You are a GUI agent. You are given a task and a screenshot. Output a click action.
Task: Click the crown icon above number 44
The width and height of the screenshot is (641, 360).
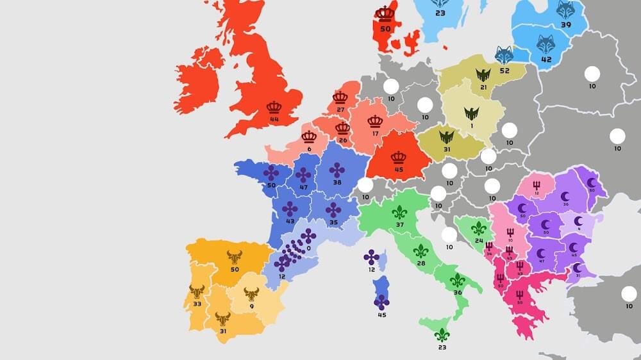(x=274, y=107)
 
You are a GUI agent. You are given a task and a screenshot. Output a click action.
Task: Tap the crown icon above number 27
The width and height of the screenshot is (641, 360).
(x=340, y=98)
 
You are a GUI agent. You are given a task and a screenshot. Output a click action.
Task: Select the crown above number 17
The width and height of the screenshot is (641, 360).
(x=375, y=121)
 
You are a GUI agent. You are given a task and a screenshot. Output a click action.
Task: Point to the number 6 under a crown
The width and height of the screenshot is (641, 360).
(x=309, y=149)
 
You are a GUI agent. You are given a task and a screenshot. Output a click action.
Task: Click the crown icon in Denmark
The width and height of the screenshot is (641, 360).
(x=385, y=13)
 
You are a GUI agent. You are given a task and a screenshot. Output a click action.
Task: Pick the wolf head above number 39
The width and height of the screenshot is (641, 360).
(x=565, y=10)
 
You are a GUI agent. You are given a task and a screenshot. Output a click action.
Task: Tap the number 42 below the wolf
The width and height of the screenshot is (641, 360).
(x=546, y=60)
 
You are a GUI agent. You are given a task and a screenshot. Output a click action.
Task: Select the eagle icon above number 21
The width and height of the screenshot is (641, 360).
(x=483, y=75)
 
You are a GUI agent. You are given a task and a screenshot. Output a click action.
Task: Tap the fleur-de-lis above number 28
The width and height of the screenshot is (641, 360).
(x=420, y=250)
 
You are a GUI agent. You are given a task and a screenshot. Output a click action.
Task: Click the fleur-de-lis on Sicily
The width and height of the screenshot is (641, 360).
(x=442, y=334)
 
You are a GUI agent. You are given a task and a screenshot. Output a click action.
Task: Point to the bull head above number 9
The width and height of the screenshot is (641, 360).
(x=251, y=294)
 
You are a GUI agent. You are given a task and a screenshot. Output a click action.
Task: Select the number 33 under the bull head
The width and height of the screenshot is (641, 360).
(x=197, y=304)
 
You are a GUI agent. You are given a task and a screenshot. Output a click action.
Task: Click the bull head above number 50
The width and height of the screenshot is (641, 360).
(x=234, y=257)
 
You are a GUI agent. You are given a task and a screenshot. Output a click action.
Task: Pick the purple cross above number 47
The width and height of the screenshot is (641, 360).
(x=303, y=175)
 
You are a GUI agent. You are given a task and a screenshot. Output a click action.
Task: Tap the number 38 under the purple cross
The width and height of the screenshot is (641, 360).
(x=337, y=182)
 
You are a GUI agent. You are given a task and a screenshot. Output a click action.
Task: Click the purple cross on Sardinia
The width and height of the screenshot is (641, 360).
(x=382, y=302)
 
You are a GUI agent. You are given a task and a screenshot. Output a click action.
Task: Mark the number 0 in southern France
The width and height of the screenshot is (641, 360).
(x=309, y=248)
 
